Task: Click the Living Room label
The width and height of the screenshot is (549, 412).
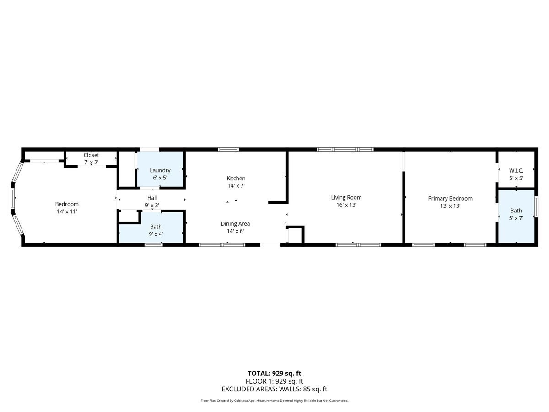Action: (346, 198)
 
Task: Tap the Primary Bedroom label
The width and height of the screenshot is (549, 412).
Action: (450, 198)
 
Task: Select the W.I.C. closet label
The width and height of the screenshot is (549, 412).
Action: (516, 171)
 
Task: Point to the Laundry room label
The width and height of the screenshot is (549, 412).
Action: (160, 170)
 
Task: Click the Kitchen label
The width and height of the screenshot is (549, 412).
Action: (236, 178)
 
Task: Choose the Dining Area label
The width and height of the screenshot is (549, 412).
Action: (235, 224)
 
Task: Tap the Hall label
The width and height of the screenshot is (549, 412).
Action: (152, 198)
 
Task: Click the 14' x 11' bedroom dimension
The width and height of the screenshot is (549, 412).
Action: (67, 211)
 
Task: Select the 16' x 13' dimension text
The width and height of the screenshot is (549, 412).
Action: (346, 206)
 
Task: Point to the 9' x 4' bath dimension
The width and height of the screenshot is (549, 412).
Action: (156, 234)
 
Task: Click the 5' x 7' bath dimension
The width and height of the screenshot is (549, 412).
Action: (516, 218)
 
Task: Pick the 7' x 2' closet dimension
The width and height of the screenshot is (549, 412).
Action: (91, 163)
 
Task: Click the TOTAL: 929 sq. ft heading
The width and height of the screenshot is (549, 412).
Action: (274, 373)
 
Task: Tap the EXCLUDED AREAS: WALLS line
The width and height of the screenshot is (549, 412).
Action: (274, 389)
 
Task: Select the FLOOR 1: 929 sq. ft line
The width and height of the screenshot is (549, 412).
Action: (274, 381)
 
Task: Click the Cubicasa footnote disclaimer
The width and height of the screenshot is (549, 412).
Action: (274, 401)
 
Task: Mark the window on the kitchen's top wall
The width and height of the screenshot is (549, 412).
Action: (228, 149)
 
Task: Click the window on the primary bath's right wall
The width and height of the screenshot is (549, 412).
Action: (536, 210)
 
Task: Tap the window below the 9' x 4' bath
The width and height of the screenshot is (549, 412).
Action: (153, 245)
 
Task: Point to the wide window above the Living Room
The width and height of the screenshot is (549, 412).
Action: (345, 149)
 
